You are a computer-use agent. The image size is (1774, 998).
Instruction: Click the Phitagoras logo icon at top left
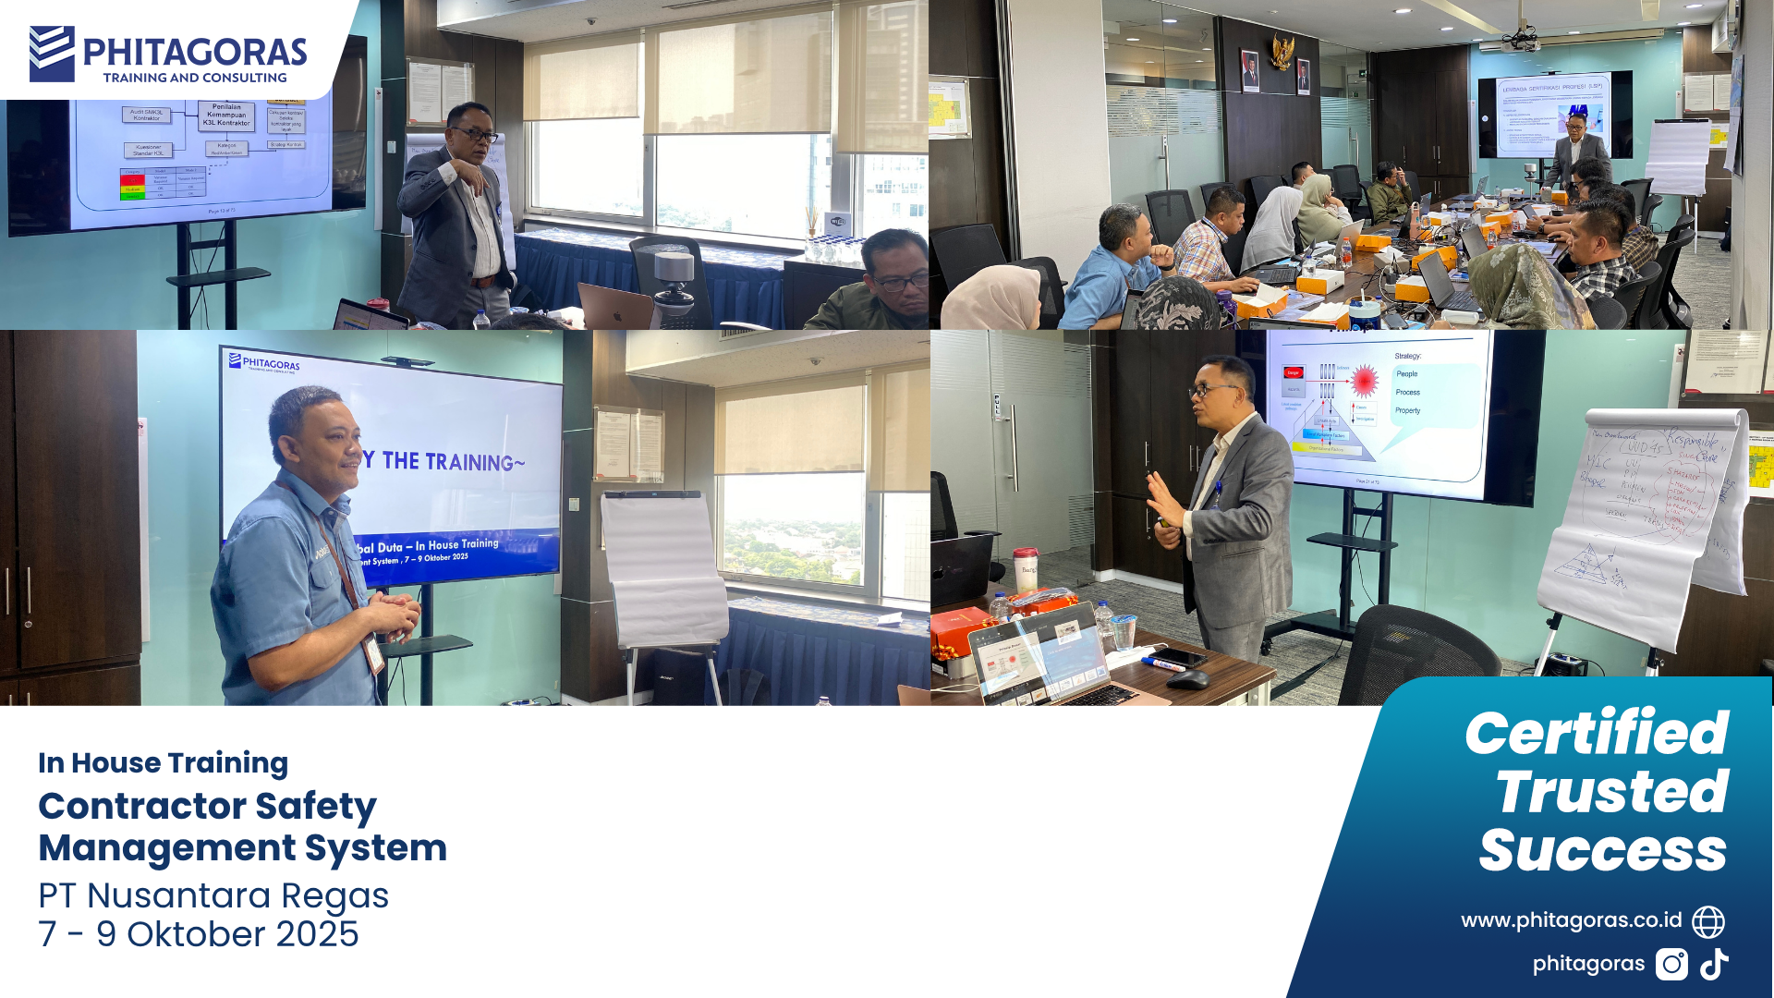(52, 54)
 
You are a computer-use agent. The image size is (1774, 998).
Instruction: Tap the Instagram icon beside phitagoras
(1671, 964)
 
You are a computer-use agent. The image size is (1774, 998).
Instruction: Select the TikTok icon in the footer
(1715, 964)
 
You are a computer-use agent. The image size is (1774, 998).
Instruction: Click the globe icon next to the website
(1708, 921)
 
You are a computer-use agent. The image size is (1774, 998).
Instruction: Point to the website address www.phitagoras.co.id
(1571, 920)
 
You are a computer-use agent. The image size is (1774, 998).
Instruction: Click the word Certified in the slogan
(1596, 734)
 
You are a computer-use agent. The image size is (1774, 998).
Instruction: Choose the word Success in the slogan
(1602, 851)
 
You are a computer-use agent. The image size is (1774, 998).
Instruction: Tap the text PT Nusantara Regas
(213, 895)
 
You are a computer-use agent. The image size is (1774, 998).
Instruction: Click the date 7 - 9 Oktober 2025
(198, 934)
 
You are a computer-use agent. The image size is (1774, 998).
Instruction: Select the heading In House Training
(163, 763)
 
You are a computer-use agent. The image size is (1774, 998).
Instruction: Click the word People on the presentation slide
(1406, 374)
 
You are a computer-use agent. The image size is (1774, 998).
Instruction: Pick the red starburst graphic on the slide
(1365, 380)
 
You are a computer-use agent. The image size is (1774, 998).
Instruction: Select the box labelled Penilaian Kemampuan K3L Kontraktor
(226, 115)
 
